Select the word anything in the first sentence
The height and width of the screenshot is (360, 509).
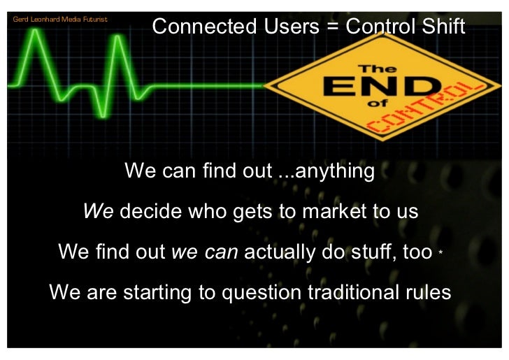[x=335, y=171]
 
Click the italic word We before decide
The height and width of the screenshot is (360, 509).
[x=99, y=211]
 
